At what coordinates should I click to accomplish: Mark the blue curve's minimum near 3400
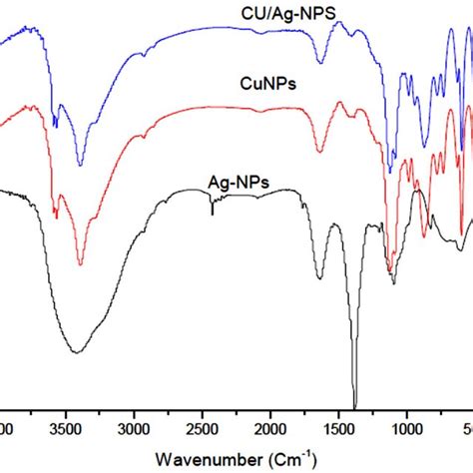80,166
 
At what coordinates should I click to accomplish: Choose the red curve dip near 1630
319,153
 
